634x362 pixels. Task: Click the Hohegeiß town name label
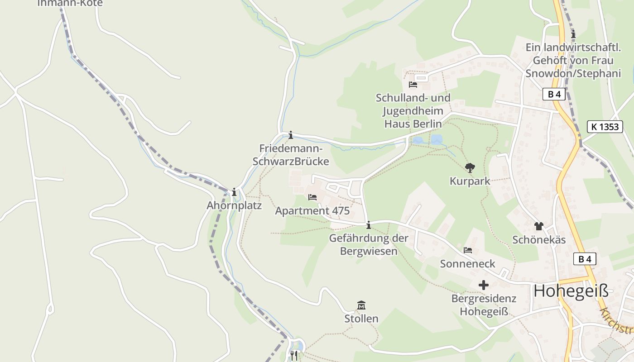(x=571, y=291)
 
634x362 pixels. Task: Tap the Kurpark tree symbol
(x=470, y=168)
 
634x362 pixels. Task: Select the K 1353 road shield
(x=605, y=127)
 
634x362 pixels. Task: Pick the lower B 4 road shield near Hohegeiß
(x=585, y=259)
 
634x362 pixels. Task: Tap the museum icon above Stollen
(x=361, y=305)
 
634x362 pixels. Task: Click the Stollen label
(x=361, y=319)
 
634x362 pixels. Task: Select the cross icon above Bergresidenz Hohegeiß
(x=484, y=285)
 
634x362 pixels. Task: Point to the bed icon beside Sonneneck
(x=468, y=250)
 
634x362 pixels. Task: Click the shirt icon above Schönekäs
(x=538, y=226)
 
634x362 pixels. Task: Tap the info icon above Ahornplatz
(x=234, y=192)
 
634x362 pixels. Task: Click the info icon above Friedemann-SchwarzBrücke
(x=291, y=135)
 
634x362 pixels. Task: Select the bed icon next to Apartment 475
(x=312, y=197)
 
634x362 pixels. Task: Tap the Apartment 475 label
(x=312, y=211)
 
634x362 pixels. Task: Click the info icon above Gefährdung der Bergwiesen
(x=369, y=224)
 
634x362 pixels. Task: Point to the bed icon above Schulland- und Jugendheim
(x=413, y=85)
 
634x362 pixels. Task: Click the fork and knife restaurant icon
(x=294, y=356)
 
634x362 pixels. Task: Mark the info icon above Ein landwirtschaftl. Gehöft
(x=573, y=34)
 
